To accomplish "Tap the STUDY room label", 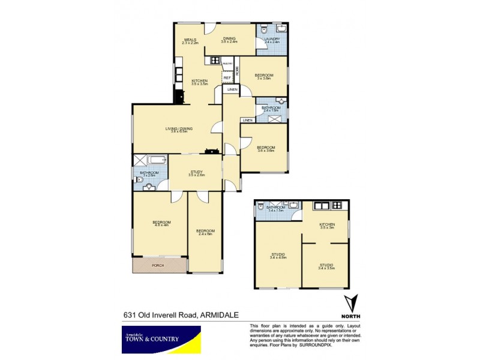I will click(196, 173).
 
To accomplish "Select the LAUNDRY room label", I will click(272, 40).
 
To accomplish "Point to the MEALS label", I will click(190, 41).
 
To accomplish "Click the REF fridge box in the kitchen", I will click(227, 77).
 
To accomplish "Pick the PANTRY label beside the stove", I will click(227, 63).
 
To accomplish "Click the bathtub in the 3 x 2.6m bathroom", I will click(155, 160).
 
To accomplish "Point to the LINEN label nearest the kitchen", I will click(232, 90).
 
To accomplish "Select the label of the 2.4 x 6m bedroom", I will click(205, 232).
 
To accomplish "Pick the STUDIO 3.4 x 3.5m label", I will click(326, 266).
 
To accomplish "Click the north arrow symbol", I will click(355, 305).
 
